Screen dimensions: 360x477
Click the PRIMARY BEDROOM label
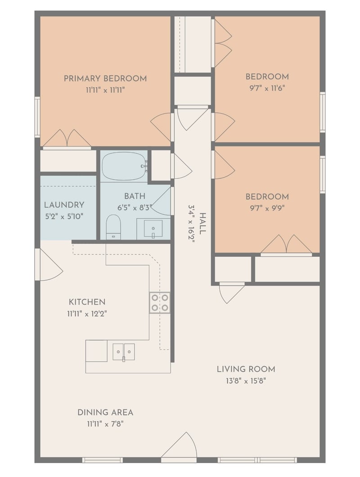[105, 78]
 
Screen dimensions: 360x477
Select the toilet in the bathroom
[113, 227]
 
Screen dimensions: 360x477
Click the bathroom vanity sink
[153, 228]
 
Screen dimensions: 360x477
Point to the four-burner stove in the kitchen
[159, 303]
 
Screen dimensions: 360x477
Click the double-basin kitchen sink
[124, 352]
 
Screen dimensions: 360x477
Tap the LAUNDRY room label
[64, 205]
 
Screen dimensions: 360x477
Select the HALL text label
[202, 223]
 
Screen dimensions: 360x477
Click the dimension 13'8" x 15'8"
[246, 381]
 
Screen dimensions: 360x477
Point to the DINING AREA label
[105, 413]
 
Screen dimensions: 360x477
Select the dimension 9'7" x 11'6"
[267, 89]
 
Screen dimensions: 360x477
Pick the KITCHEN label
[87, 302]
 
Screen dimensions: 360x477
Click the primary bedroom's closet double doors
[67, 139]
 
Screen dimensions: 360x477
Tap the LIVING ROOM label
[246, 369]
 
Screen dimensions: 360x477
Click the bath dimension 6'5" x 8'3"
[135, 208]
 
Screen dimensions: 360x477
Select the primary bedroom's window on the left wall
[37, 117]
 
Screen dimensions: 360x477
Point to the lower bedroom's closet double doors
[287, 245]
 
